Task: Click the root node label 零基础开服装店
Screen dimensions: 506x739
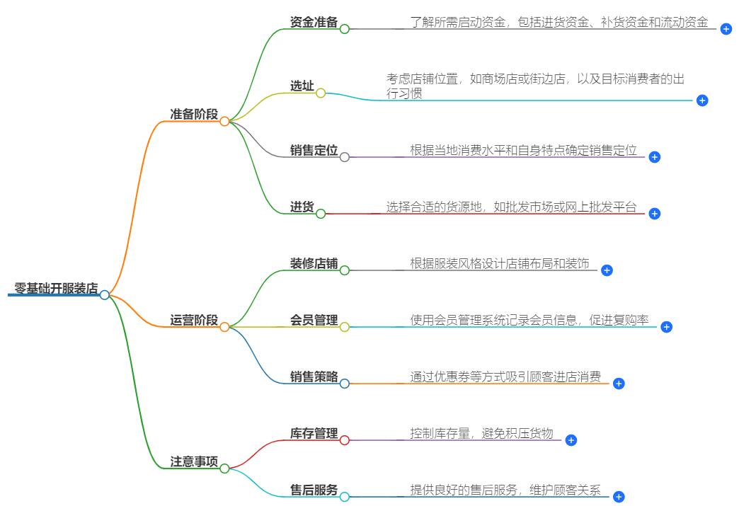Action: (x=56, y=289)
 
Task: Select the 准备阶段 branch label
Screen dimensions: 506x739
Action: (x=193, y=114)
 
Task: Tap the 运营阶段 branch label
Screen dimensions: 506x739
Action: (x=193, y=320)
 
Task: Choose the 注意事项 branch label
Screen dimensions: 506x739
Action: (x=193, y=461)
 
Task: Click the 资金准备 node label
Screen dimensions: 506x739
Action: (x=314, y=22)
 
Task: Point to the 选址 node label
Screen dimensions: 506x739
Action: (x=302, y=86)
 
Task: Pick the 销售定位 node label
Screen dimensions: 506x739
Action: (x=314, y=150)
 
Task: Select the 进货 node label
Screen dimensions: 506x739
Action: (x=302, y=207)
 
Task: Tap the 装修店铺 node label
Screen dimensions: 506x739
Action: (x=314, y=263)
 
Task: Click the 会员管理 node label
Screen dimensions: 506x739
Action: (x=314, y=320)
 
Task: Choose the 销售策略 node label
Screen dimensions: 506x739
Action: (x=314, y=376)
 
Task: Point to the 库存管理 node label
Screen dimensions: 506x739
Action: (x=314, y=433)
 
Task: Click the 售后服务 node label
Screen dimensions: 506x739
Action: (x=314, y=490)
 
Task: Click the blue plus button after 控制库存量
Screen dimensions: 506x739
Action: (x=571, y=440)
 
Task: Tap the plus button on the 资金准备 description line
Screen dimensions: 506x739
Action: (x=726, y=29)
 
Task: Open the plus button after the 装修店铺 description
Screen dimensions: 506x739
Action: (x=607, y=270)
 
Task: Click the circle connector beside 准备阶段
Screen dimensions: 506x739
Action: (x=224, y=121)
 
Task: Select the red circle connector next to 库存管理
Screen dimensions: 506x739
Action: (x=345, y=440)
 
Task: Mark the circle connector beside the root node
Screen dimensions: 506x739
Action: (x=105, y=295)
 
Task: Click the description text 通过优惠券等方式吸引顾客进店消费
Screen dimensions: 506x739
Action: (x=505, y=376)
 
